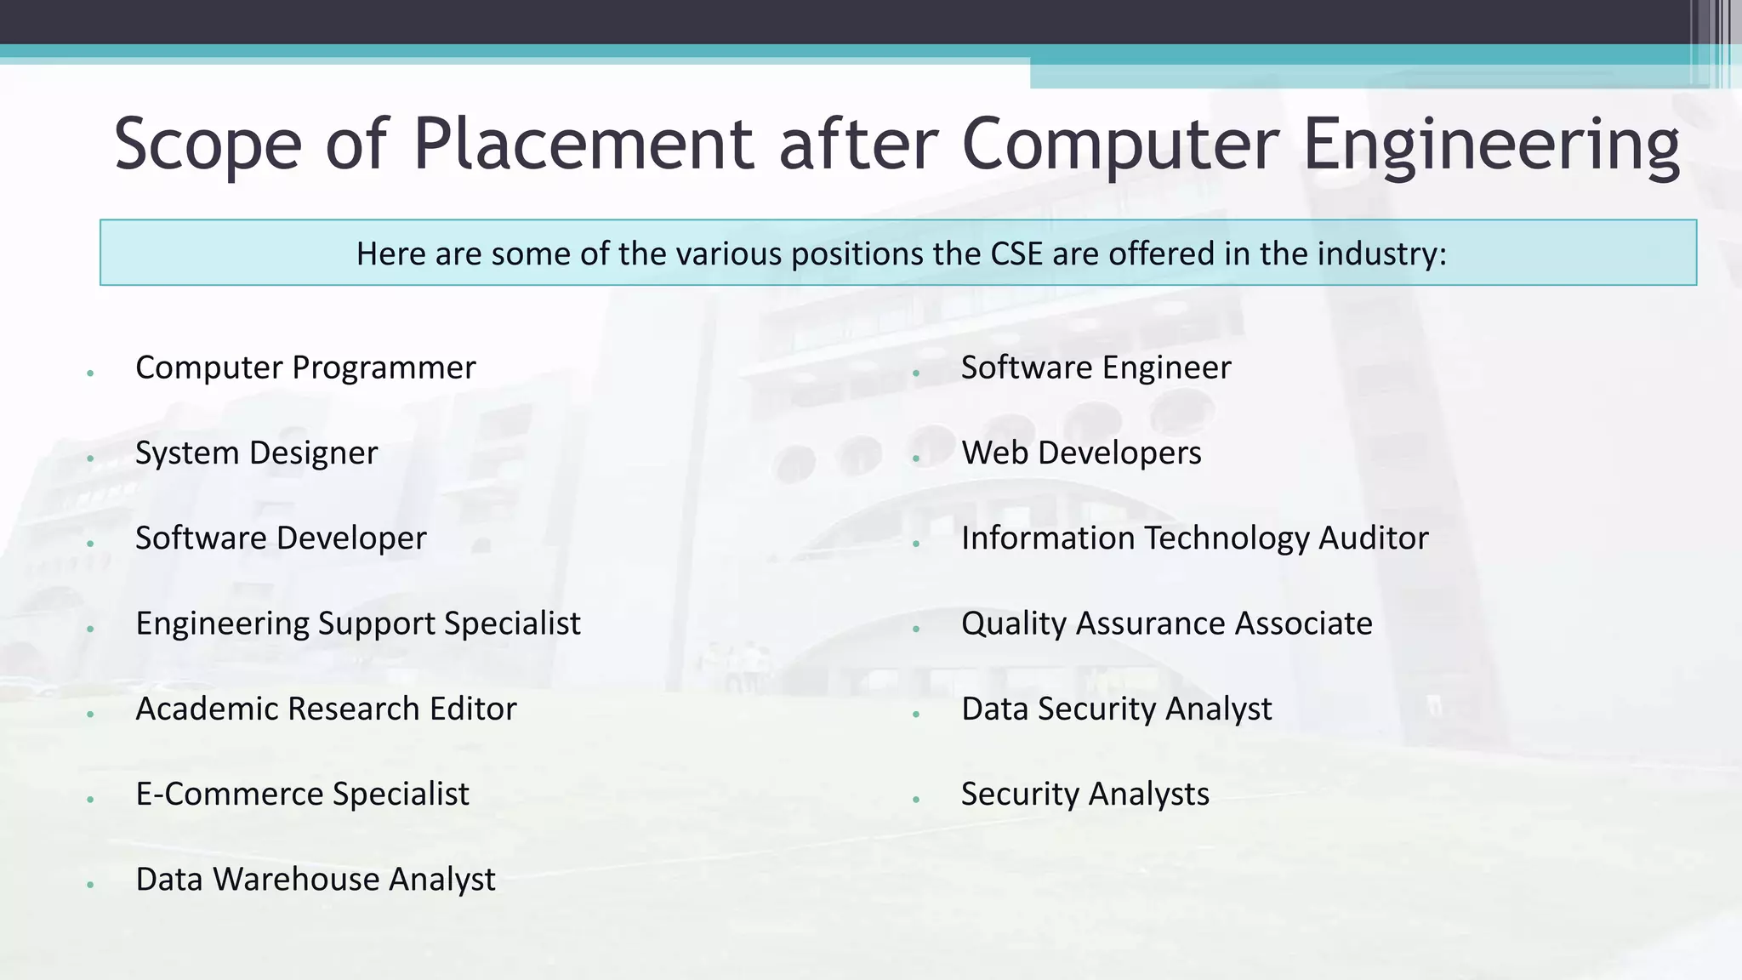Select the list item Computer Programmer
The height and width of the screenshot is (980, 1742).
305,367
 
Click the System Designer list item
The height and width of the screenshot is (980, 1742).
256,453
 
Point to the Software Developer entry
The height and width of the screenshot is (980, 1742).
281,538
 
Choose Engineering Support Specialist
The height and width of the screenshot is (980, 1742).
358,624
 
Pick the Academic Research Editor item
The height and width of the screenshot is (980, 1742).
326,709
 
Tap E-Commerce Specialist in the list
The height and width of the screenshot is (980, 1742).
302,794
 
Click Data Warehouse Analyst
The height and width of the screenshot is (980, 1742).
316,879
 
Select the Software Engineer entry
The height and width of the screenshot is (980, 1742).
1096,367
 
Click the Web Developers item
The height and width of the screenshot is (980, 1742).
1081,453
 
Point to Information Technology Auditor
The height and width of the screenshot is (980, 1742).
1194,538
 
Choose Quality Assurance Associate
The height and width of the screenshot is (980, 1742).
1166,624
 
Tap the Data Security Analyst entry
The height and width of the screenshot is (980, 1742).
1116,709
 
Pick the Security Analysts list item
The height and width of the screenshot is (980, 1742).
1084,794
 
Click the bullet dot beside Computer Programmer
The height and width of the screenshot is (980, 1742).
90,373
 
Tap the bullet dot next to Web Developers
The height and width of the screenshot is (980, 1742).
916,459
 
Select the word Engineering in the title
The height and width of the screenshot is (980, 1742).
1491,145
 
